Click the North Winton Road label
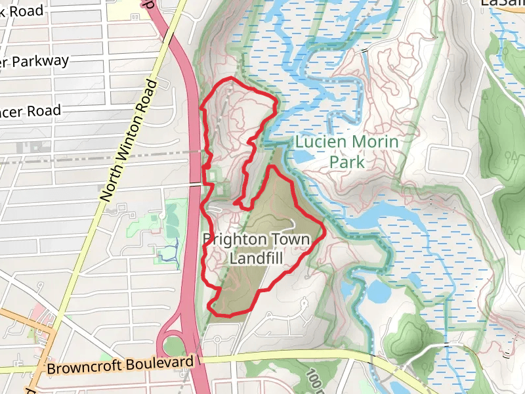click(x=131, y=141)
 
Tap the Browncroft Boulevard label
click(x=121, y=365)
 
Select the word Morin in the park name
click(x=375, y=141)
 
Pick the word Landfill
click(x=256, y=259)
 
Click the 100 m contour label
click(x=314, y=380)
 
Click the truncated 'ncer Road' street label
click(x=30, y=111)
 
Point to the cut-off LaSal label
click(x=502, y=3)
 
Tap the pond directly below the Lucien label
click(x=303, y=158)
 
